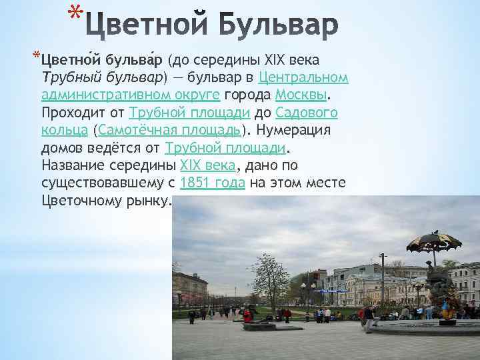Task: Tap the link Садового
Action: coord(307,111)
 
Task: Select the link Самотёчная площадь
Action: coord(169,129)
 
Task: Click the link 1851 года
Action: coord(213,182)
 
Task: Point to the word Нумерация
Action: coord(294,129)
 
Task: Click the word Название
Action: coord(75,165)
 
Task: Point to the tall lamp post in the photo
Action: coord(382,280)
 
